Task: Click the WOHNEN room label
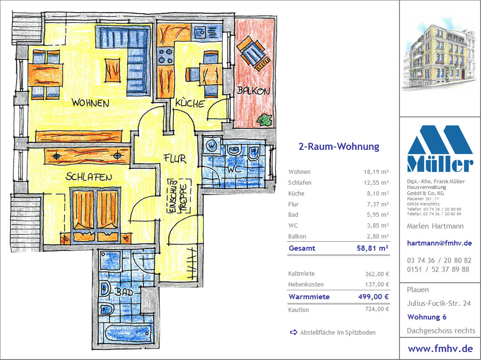pyautogui.click(x=90, y=103)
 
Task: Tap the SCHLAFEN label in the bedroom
pyautogui.click(x=89, y=177)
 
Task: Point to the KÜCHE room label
pyautogui.click(x=190, y=103)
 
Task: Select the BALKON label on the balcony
pyautogui.click(x=253, y=90)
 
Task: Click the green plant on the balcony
pyautogui.click(x=265, y=120)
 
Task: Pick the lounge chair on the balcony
pyautogui.click(x=253, y=53)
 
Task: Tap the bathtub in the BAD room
pyautogui.click(x=128, y=332)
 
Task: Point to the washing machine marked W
pyautogui.click(x=212, y=145)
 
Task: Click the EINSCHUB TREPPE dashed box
pyautogui.click(x=179, y=196)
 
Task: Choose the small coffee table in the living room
pyautogui.click(x=113, y=70)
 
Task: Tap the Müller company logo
pyautogui.click(x=440, y=148)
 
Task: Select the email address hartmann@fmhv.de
pyautogui.click(x=439, y=243)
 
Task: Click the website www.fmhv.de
pyautogui.click(x=440, y=349)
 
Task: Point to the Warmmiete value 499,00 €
pyautogui.click(x=373, y=297)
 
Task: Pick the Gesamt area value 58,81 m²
pyautogui.click(x=373, y=248)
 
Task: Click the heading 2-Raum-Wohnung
pyautogui.click(x=339, y=147)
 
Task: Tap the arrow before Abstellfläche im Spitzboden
pyautogui.click(x=293, y=332)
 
